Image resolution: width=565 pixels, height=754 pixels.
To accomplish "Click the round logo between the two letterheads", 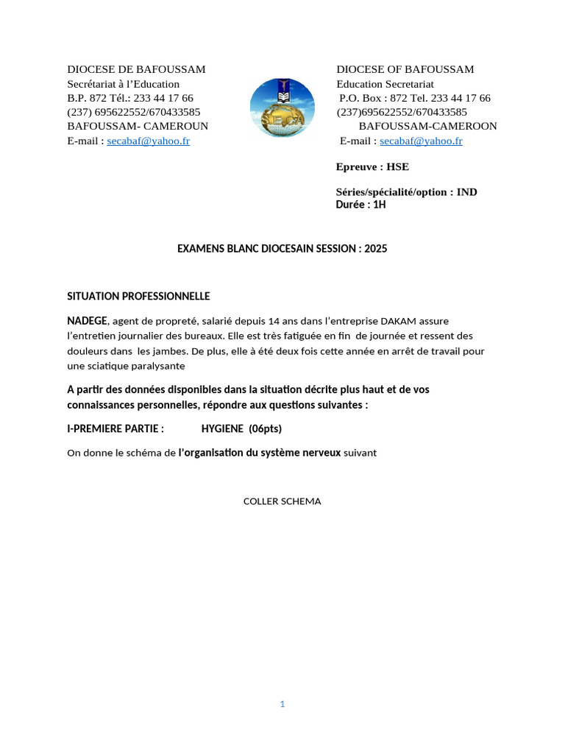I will (282, 108).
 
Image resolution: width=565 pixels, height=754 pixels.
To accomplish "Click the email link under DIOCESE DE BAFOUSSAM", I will (148, 141).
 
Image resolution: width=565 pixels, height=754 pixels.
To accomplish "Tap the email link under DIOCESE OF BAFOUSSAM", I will (421, 141).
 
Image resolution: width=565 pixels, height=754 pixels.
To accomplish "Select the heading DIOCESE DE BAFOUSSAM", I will (136, 69).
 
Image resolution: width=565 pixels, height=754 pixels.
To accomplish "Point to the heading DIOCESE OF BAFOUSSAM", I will (405, 69).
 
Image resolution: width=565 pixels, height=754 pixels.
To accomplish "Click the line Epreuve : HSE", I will (372, 166).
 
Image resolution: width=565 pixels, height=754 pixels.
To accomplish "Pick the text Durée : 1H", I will (360, 204).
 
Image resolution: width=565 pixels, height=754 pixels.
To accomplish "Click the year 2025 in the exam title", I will (375, 249).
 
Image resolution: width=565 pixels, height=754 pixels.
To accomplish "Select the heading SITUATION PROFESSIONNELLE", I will (138, 296).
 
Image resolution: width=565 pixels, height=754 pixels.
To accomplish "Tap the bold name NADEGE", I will (88, 320).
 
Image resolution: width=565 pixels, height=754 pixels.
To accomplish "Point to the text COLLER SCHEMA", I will (282, 501).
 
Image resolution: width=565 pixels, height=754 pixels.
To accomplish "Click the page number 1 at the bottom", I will (282, 704).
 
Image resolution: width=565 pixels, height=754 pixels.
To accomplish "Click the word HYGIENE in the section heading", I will (222, 429).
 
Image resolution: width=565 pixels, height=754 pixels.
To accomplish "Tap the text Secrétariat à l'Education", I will (124, 84).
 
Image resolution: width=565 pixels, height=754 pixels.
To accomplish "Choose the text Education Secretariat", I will (385, 84).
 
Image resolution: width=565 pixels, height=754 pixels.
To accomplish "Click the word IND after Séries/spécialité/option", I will (466, 191).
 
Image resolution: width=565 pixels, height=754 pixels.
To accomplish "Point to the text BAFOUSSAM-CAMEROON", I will (427, 126).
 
